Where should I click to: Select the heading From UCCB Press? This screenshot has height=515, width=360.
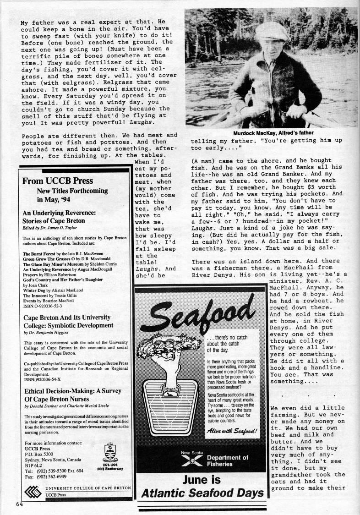point(57,181)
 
